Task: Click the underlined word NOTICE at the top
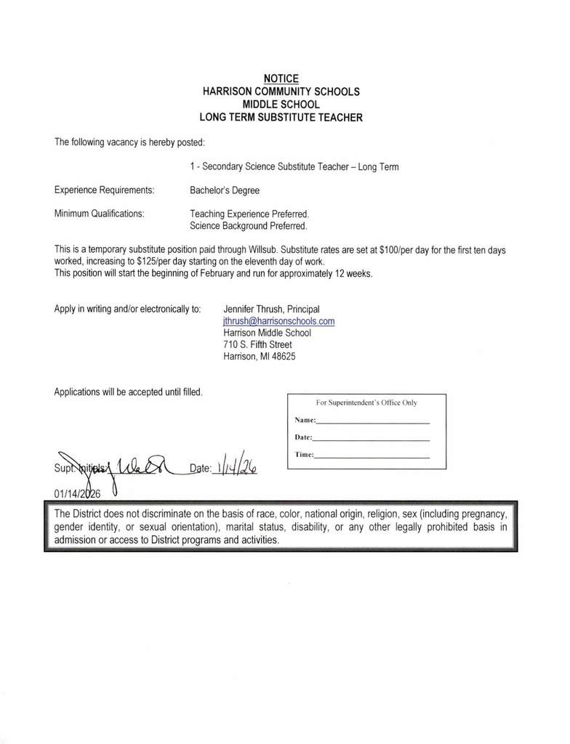click(281, 78)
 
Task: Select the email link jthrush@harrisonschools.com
click(278, 320)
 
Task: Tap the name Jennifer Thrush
click(254, 309)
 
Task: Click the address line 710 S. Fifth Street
click(257, 344)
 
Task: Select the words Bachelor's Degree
click(225, 190)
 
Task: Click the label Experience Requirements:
click(104, 190)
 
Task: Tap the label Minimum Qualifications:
click(99, 214)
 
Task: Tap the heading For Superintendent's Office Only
click(366, 403)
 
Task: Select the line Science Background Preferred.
click(249, 226)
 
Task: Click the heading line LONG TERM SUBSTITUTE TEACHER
click(281, 117)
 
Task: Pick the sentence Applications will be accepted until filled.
click(128, 392)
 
